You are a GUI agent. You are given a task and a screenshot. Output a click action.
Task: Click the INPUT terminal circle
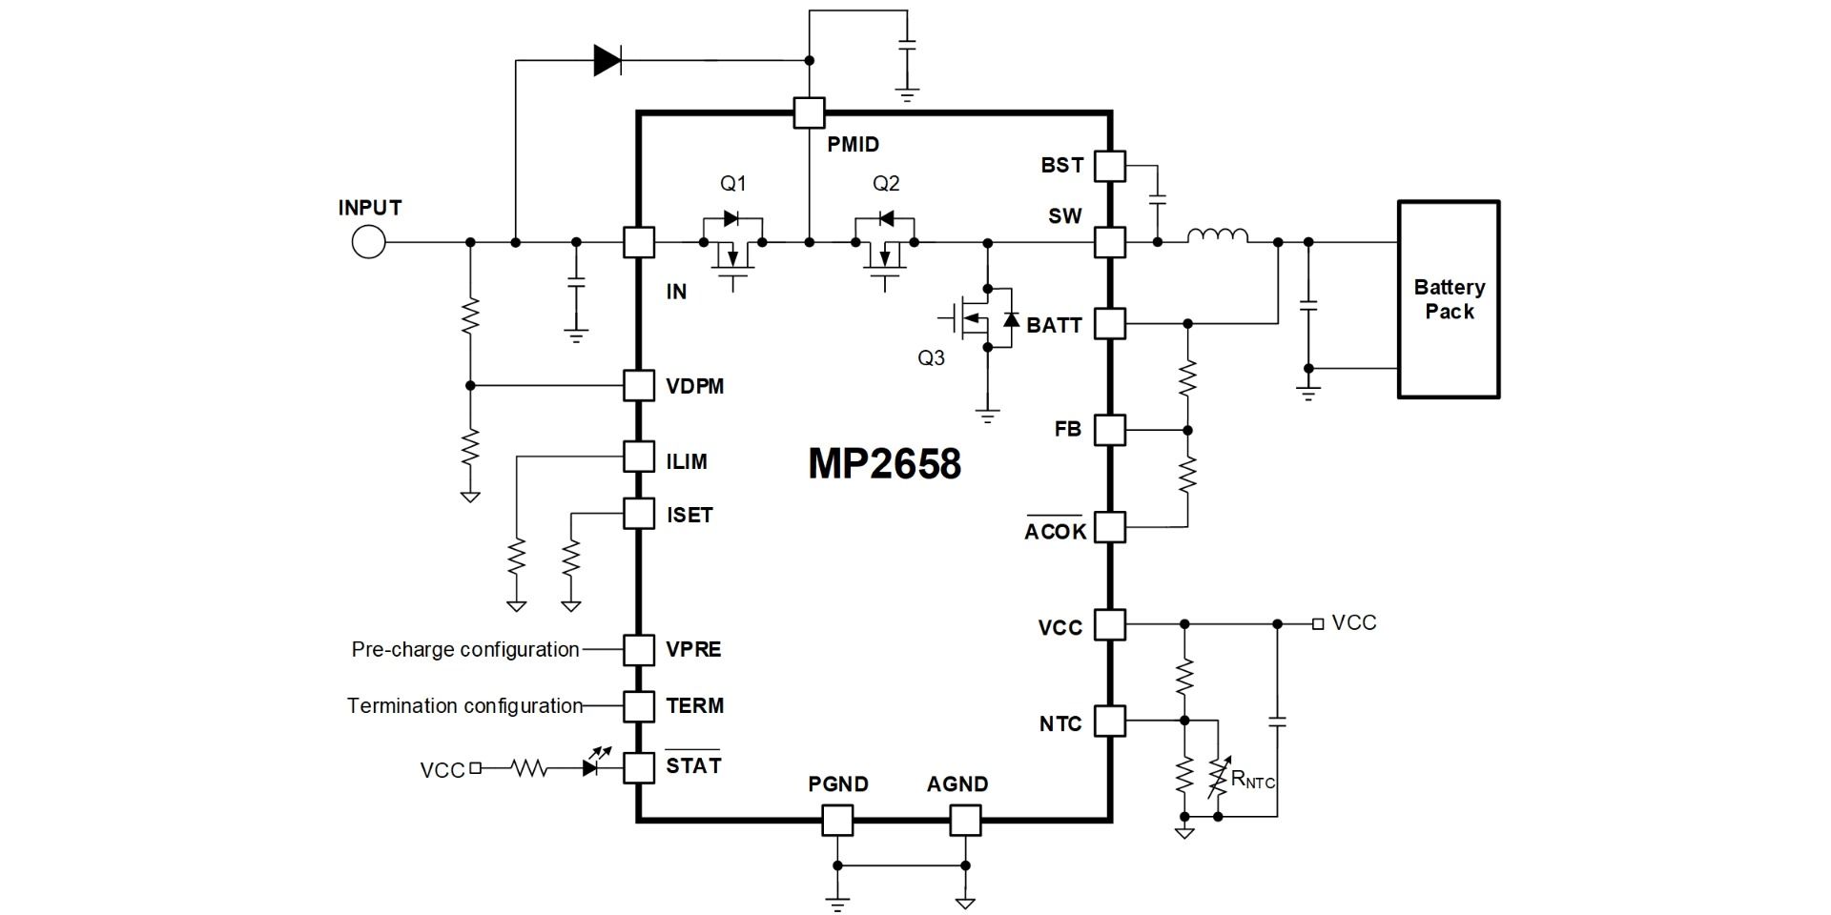click(368, 242)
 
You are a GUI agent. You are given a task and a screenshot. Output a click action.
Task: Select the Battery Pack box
click(1449, 299)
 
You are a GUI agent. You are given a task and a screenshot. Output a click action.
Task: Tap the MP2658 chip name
click(884, 464)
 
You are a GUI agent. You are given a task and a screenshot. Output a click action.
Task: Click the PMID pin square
click(809, 113)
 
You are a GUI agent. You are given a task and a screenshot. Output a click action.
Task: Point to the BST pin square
click(1109, 166)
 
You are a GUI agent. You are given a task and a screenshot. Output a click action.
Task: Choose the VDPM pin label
click(694, 386)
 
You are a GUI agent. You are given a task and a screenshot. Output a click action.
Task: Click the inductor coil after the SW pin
click(1217, 235)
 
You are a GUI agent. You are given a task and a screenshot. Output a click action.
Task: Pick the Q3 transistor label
click(931, 357)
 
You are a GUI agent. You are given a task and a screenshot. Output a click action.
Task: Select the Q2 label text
click(886, 183)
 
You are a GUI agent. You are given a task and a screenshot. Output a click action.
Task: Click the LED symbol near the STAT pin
click(595, 764)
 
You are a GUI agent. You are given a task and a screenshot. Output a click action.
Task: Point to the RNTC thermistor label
click(1252, 780)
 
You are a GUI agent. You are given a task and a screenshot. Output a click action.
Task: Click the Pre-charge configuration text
click(465, 650)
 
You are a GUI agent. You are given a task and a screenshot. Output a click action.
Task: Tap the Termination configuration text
click(464, 706)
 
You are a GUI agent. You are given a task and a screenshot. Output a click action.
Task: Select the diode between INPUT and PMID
click(607, 61)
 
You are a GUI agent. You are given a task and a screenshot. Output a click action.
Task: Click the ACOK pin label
click(1055, 531)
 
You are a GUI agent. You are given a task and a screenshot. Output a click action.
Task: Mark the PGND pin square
click(836, 820)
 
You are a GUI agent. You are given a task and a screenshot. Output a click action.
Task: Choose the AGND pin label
click(957, 784)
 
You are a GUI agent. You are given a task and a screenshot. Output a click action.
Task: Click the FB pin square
click(1109, 430)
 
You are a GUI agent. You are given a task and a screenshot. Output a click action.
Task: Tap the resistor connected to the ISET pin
click(571, 559)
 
